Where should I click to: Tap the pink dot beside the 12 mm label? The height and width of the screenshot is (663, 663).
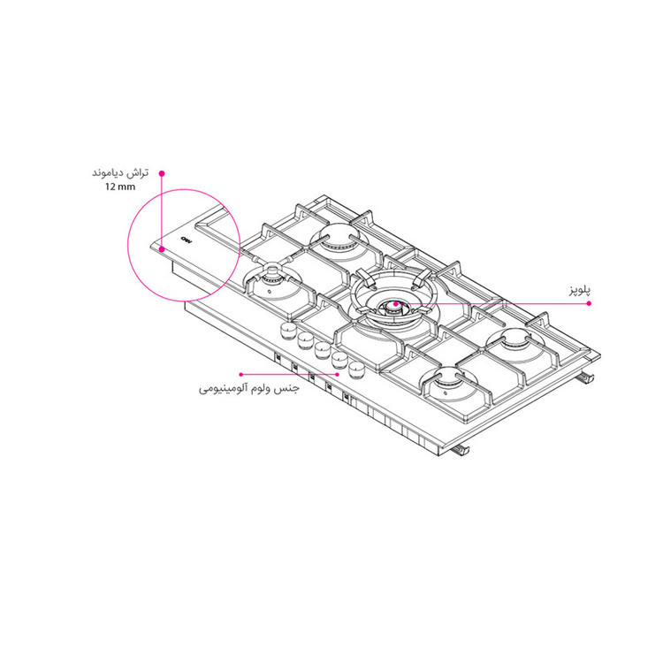pyautogui.click(x=161, y=174)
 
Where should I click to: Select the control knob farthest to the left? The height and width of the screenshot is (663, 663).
pyautogui.click(x=286, y=329)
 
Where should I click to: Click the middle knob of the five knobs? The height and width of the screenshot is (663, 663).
pyautogui.click(x=321, y=347)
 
